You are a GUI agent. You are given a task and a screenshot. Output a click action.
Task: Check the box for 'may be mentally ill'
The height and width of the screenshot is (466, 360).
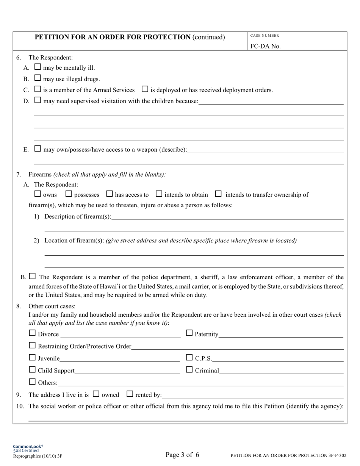click(x=38, y=67)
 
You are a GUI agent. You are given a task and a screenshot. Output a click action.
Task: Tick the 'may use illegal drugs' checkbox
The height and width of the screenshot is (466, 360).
click(x=38, y=78)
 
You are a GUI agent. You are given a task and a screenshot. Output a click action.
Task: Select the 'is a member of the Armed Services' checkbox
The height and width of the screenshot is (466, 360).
click(x=38, y=89)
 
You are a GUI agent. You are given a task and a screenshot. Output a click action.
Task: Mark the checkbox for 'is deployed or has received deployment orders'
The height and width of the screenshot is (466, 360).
click(x=145, y=89)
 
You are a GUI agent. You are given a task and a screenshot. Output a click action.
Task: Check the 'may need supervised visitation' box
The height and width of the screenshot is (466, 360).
click(x=38, y=100)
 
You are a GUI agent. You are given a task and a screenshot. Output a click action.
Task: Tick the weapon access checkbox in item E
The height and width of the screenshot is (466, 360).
click(x=38, y=149)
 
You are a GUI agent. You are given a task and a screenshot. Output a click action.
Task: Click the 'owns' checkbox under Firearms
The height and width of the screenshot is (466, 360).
click(x=38, y=194)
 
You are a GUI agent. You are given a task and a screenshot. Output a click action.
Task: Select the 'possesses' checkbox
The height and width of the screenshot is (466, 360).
click(x=69, y=194)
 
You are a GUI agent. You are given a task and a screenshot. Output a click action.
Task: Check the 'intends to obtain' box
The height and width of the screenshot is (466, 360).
click(x=159, y=194)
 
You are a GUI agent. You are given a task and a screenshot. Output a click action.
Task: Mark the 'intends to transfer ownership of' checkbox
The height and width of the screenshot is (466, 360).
click(x=218, y=194)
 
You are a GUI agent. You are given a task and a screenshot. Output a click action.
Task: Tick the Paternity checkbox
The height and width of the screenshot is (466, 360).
click(x=189, y=333)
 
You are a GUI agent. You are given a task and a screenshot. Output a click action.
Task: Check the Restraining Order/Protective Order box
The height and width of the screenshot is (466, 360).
click(x=32, y=346)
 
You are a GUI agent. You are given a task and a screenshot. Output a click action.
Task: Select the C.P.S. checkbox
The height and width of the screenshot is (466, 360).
click(x=189, y=357)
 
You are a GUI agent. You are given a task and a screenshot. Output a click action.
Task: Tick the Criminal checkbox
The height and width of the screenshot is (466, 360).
click(x=189, y=369)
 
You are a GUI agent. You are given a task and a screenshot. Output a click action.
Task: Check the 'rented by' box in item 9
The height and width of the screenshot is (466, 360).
click(x=130, y=394)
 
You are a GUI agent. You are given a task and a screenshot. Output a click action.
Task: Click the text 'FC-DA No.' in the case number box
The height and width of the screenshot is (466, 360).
click(x=265, y=46)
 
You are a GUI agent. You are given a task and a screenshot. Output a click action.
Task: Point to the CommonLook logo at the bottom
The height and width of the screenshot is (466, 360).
click(x=28, y=447)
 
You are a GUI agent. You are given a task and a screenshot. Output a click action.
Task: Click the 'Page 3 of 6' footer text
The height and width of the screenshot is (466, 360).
click(x=182, y=455)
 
